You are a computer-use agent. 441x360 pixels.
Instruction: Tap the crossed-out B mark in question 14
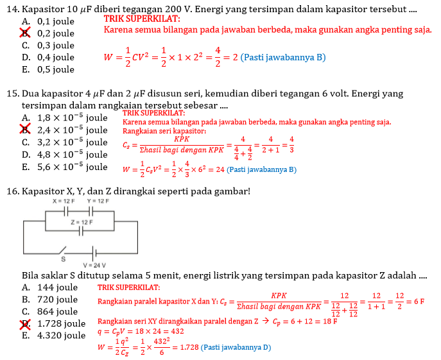click(x=26, y=33)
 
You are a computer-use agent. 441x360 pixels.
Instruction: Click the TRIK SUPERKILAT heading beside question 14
click(x=142, y=19)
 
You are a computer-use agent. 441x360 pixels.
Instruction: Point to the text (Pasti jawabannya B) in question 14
click(x=284, y=57)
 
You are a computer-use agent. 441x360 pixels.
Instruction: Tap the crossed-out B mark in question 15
click(x=26, y=130)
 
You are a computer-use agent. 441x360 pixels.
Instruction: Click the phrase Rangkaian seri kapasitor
click(x=164, y=131)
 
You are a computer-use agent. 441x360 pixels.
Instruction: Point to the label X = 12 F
click(x=64, y=201)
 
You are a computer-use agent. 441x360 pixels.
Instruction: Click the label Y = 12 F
click(x=98, y=201)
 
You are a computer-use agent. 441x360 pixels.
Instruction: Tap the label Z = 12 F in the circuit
click(x=82, y=222)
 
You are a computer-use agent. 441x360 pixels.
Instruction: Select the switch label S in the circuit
click(x=63, y=260)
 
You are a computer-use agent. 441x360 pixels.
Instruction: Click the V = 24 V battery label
click(x=94, y=266)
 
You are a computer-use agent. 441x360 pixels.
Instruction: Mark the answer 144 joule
click(x=58, y=287)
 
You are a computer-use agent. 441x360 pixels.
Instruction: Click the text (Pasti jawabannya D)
click(x=236, y=347)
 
